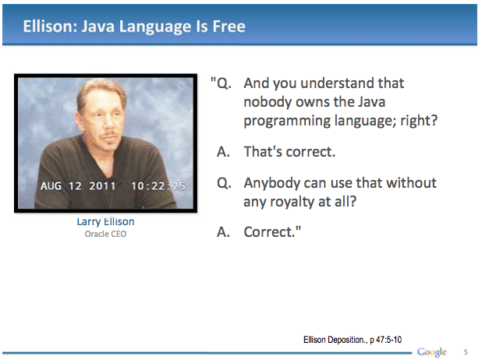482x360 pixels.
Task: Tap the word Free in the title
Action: (229, 26)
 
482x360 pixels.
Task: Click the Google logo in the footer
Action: (431, 351)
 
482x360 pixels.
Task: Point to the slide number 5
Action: (466, 352)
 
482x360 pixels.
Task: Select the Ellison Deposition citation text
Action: (353, 340)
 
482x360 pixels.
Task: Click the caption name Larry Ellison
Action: (105, 221)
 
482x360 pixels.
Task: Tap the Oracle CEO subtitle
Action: (105, 234)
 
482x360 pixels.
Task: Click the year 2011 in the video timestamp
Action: (102, 185)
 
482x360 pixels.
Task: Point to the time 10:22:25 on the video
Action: (158, 185)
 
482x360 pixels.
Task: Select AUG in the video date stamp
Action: (51, 185)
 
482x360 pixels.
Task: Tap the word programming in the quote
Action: (286, 121)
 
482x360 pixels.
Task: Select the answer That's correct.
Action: (289, 151)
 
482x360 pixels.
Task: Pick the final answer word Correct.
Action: (272, 231)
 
